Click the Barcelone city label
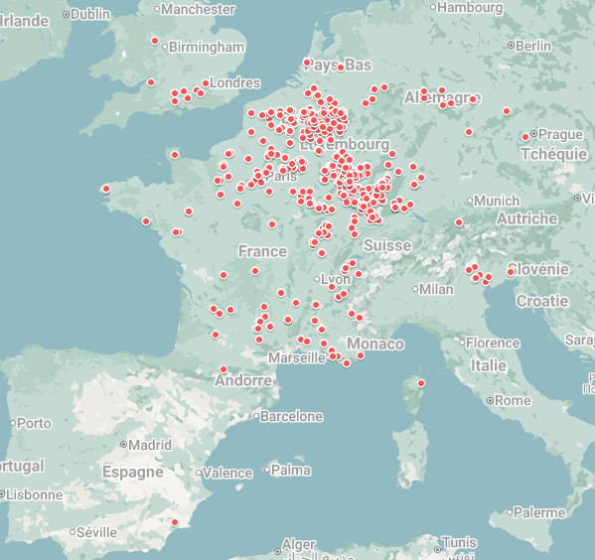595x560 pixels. pos(291,417)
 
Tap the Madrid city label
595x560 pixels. pos(149,445)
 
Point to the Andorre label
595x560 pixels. pos(242,380)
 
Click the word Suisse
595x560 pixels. pos(386,245)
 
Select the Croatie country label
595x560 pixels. pos(542,301)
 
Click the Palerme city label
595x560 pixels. pos(542,512)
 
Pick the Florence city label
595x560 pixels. pos(493,343)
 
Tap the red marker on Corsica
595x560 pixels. pos(421,383)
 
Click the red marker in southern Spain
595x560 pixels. pos(175,522)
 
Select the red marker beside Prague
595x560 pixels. pos(524,137)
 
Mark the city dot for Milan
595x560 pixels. pos(413,289)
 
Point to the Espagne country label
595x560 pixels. pos(132,472)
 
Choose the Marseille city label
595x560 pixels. pos(296,357)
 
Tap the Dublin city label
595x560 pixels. pos(90,14)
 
